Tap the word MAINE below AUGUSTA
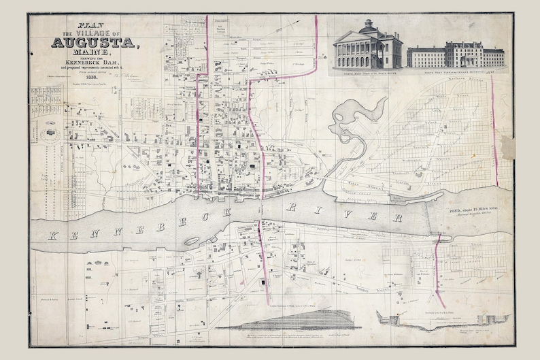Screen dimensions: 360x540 click(95, 57)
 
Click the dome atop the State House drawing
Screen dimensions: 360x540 click(368, 27)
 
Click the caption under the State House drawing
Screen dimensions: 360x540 click(368, 71)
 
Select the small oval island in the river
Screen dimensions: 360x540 click(192, 241)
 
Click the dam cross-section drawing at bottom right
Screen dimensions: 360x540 click(435, 321)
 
